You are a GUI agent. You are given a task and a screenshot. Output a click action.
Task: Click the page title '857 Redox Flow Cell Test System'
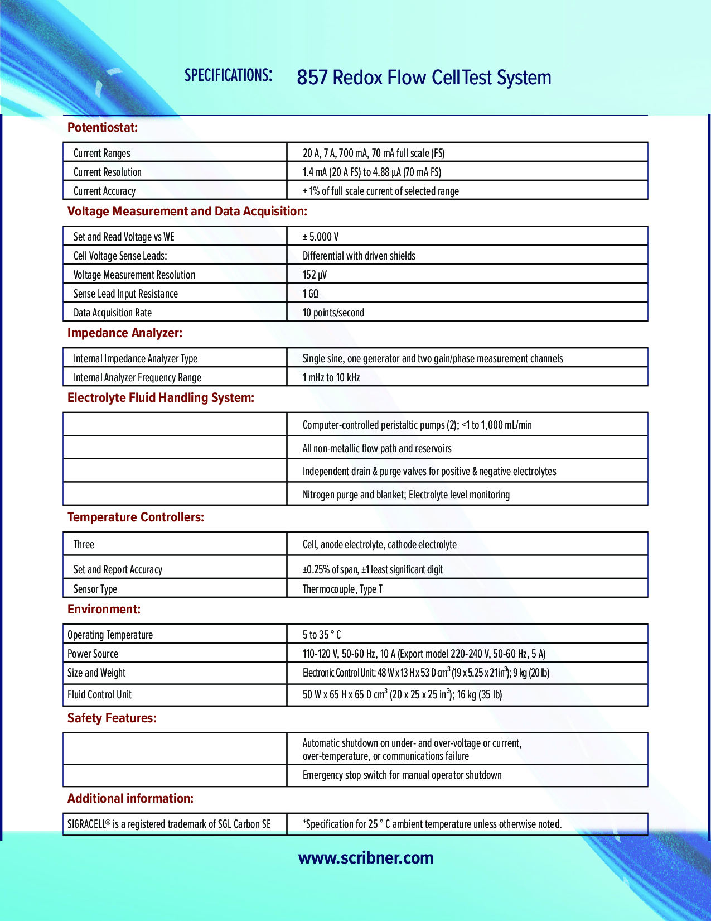point(424,78)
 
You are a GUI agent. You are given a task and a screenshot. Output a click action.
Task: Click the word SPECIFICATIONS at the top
point(229,75)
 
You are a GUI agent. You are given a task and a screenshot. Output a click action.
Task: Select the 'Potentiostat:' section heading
point(103,128)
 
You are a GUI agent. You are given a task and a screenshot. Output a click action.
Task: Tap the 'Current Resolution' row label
point(108,172)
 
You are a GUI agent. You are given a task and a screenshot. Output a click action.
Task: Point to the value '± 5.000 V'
point(321,237)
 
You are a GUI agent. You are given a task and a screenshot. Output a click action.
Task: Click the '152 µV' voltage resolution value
point(315,275)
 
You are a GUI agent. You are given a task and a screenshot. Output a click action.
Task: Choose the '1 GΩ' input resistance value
point(311,294)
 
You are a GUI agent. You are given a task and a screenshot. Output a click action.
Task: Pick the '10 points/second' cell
point(333,313)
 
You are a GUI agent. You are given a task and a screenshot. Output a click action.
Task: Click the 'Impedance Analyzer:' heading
point(125,333)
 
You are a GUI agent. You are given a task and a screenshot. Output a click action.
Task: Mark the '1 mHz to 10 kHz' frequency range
point(331,377)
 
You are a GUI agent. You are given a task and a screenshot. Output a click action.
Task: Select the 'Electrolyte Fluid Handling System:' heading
point(161,398)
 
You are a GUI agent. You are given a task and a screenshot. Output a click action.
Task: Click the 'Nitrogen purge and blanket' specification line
point(406,495)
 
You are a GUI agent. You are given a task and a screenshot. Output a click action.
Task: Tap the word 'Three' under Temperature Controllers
point(84,544)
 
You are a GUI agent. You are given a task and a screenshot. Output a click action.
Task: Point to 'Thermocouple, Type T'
point(342,589)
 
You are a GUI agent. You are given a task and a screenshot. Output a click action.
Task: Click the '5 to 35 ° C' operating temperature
point(322,635)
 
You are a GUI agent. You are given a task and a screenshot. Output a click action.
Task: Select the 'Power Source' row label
point(93,654)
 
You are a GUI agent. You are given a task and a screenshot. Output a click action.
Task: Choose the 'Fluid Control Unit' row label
point(100,694)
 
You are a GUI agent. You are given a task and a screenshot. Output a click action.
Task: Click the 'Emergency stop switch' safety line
point(402,775)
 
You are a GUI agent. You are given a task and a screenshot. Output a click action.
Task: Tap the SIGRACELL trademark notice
point(169,824)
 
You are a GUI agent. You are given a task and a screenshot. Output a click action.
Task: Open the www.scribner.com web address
point(366,858)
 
